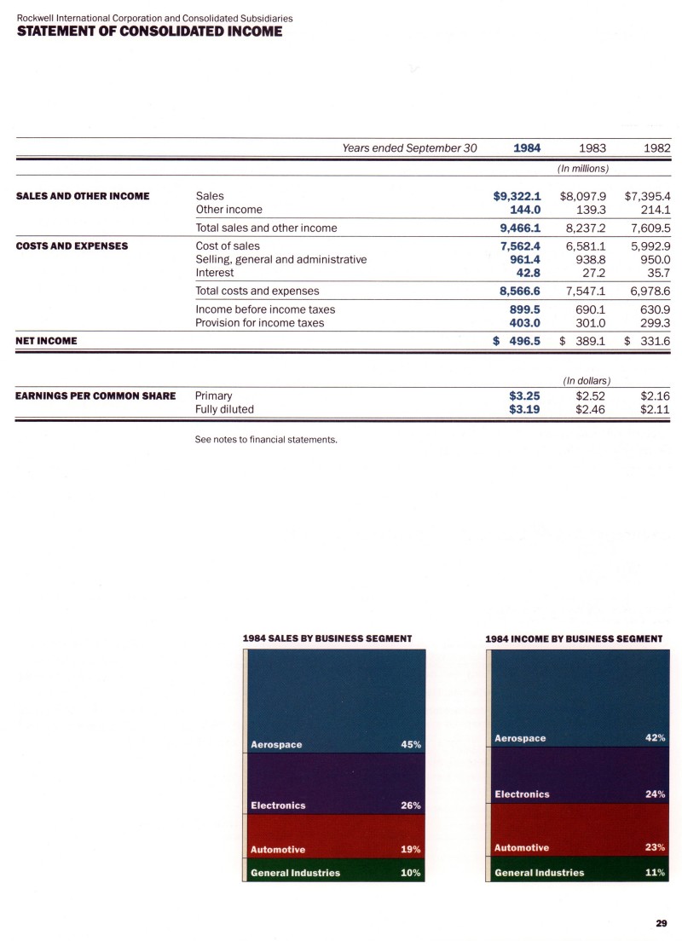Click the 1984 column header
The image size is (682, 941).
[x=527, y=147]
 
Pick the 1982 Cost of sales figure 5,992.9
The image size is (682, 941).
[x=649, y=246]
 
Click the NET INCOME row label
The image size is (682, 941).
[x=47, y=341]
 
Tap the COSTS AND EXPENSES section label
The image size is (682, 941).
[x=72, y=246]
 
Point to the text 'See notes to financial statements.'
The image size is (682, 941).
[x=267, y=441]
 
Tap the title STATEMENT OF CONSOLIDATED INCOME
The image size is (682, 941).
[x=149, y=32]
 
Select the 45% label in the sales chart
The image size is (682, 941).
[x=411, y=744]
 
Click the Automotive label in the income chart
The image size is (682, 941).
[x=522, y=848]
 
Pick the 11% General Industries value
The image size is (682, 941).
[x=655, y=872]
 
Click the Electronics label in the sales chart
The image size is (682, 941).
[x=278, y=805]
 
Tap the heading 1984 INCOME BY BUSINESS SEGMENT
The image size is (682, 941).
[x=573, y=638]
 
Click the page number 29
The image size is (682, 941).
[x=662, y=923]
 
